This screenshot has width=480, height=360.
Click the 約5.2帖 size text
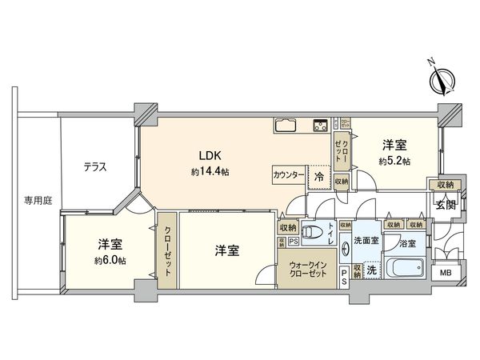pos(394,161)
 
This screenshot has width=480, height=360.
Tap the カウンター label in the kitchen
pos(288,175)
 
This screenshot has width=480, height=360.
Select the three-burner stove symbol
pos(319,125)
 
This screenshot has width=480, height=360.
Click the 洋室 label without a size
pos(226,250)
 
